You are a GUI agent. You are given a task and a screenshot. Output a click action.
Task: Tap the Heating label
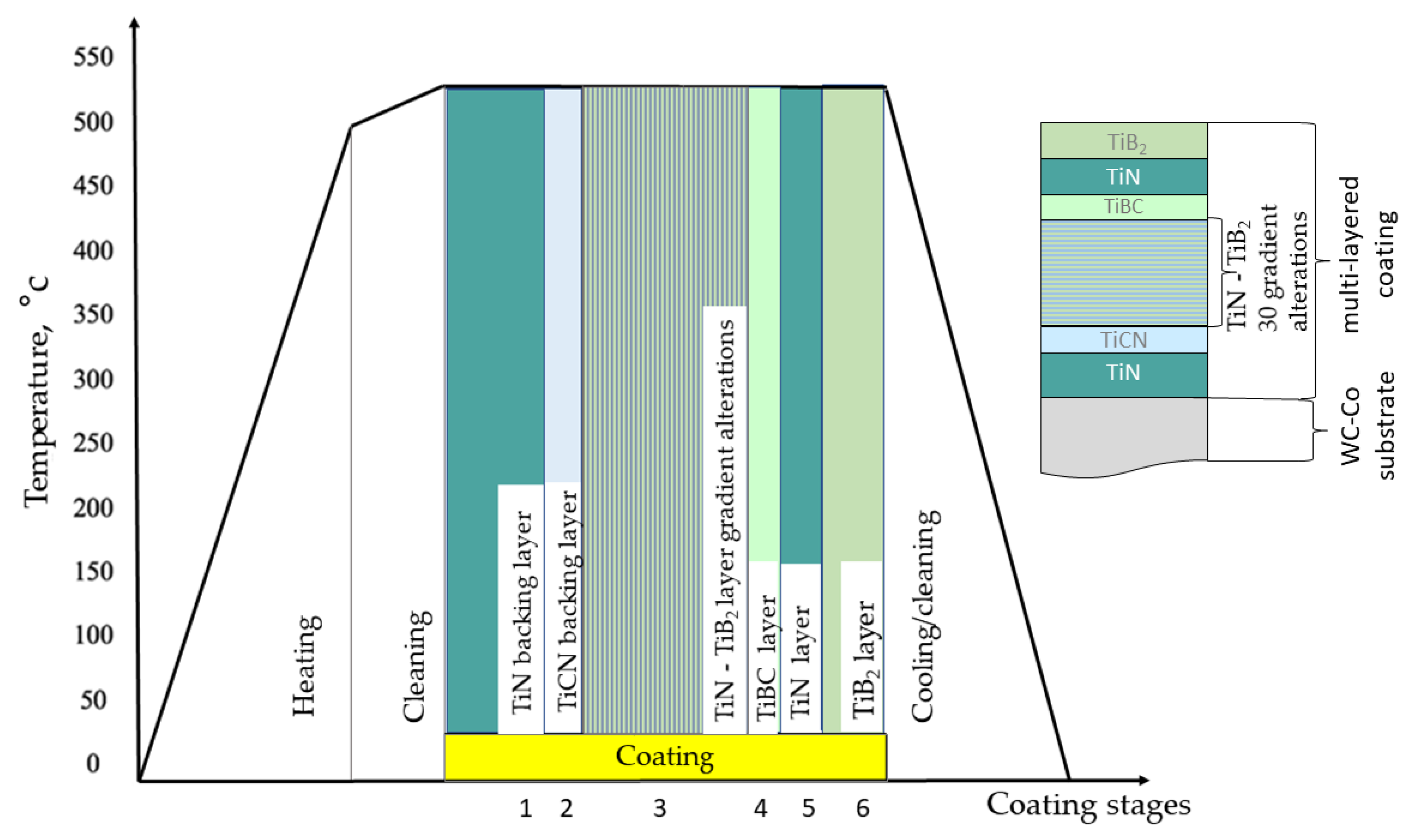[306, 666]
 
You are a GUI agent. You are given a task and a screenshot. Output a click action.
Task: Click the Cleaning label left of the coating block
[416, 666]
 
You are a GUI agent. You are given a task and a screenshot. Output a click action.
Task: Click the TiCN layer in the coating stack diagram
[1123, 340]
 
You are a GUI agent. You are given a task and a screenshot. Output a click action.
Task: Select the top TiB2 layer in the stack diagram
[1123, 141]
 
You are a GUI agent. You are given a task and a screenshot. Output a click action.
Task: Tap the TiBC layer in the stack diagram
[1123, 207]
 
